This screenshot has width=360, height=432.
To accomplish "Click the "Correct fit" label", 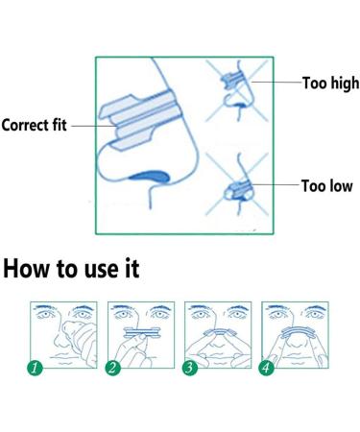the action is (x=34, y=125).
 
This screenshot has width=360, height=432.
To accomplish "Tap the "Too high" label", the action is (x=330, y=83).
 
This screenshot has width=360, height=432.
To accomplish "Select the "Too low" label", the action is (x=327, y=186).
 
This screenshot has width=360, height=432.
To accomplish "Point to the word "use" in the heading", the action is (x=99, y=270).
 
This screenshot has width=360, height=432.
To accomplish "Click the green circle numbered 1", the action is (x=35, y=368).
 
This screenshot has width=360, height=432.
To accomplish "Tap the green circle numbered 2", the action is (x=113, y=368).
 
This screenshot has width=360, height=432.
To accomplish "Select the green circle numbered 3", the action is (x=190, y=368).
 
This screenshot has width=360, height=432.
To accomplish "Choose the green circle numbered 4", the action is (x=267, y=368).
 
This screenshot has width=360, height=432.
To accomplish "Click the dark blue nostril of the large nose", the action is (x=150, y=177).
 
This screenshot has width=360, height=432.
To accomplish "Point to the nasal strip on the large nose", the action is (x=139, y=120).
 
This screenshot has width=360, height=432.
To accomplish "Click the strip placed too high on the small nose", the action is (x=233, y=80).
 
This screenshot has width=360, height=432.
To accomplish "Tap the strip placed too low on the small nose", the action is (x=238, y=190).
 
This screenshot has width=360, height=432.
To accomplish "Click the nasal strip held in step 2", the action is (x=141, y=333).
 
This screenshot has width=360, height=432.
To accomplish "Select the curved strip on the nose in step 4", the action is (x=297, y=330).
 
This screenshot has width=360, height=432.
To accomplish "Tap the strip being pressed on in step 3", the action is (x=219, y=332).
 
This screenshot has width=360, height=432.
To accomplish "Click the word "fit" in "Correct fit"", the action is (x=60, y=125).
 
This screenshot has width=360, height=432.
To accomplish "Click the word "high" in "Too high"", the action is (x=345, y=84).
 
